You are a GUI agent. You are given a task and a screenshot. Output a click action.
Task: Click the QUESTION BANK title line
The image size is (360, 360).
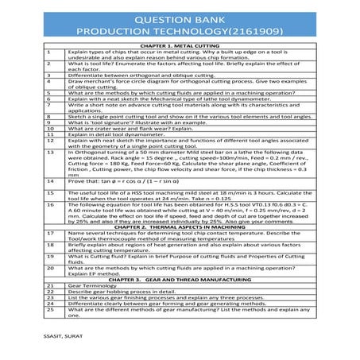[180, 17]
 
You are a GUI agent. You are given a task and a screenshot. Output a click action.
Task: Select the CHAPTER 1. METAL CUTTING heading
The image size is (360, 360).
[180, 48]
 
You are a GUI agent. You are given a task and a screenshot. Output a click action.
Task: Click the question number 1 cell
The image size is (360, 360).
[49, 53]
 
